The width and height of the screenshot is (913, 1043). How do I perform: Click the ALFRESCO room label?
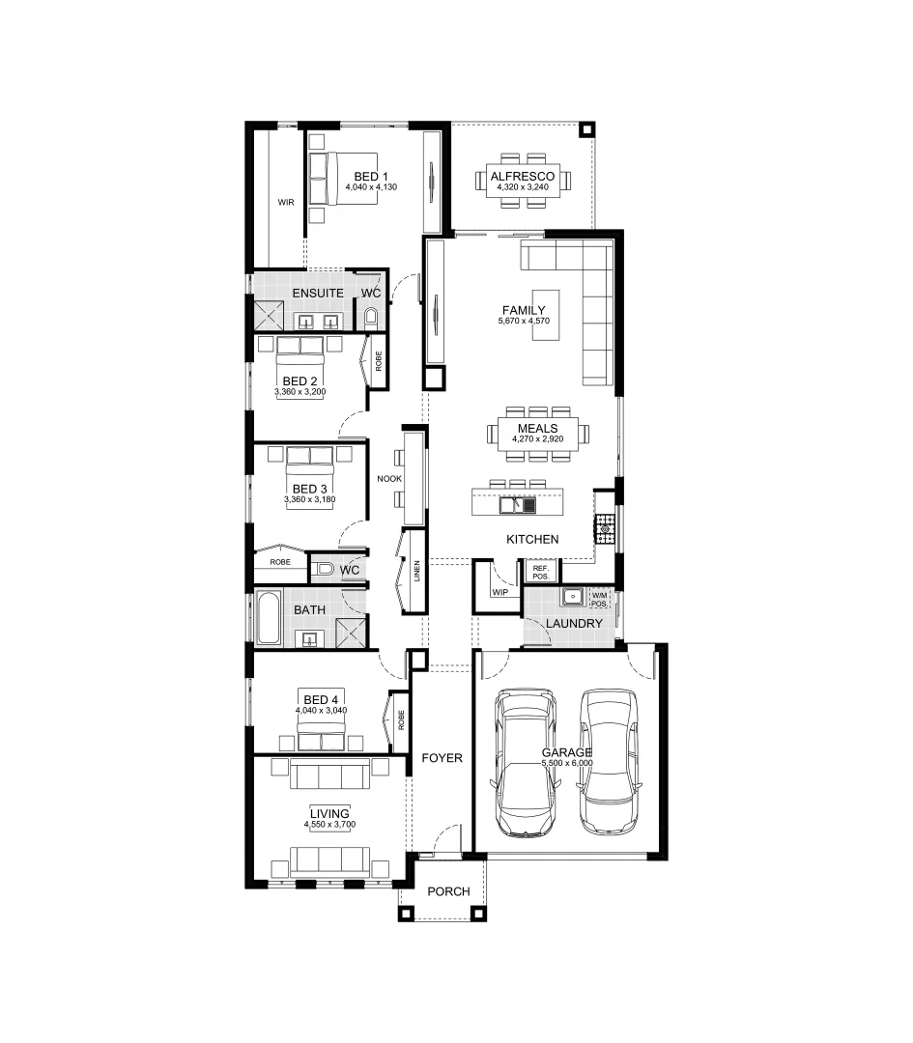click(522, 176)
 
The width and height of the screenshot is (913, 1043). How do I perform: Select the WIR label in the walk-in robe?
click(285, 203)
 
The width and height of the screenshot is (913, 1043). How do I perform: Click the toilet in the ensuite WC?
click(370, 317)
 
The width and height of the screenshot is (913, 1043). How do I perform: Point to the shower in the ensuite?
click(268, 316)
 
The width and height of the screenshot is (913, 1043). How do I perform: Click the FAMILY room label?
click(523, 310)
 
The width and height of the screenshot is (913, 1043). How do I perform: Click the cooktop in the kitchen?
click(605, 525)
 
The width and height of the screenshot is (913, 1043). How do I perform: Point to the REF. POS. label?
click(540, 573)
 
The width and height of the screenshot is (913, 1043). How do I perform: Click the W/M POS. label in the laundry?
click(600, 599)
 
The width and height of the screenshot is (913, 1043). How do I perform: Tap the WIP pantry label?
click(499, 593)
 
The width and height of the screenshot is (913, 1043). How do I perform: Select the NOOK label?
click(390, 479)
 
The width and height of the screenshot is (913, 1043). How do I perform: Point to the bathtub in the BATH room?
click(268, 618)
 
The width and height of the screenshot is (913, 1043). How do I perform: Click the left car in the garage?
click(526, 763)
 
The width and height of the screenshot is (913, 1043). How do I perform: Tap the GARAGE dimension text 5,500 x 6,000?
click(567, 764)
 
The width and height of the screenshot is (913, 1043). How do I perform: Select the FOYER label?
click(442, 759)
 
